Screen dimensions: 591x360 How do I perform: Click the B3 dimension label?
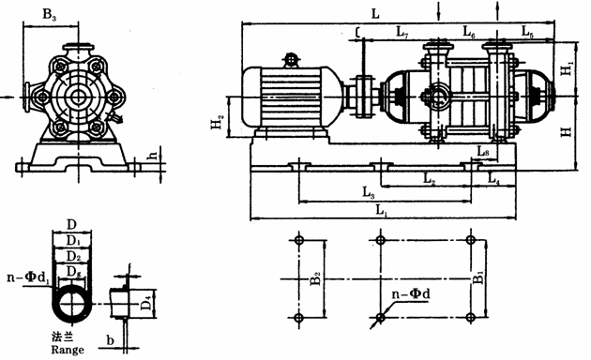coord(50,15)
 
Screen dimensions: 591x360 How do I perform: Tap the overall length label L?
coord(375,14)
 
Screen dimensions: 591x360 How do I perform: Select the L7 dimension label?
coord(402,32)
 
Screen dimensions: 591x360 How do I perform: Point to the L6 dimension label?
coord(469,32)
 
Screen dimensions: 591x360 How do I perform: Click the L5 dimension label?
coord(527,32)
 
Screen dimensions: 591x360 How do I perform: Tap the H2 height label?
coord(217,122)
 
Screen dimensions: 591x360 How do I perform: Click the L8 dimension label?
coord(483,152)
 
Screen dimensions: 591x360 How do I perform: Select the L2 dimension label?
coord(430,178)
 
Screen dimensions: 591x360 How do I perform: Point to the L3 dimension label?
coord(369,192)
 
